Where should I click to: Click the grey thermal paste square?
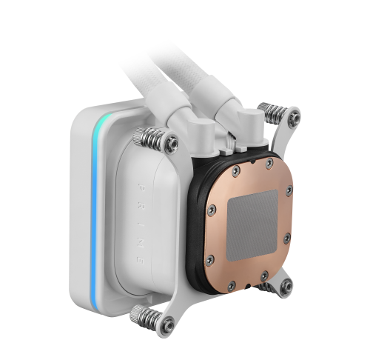click(x=252, y=224)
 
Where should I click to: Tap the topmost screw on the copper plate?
click(x=269, y=163)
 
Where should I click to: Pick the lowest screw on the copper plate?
click(x=232, y=286)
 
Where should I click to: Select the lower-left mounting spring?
click(x=146, y=317)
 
